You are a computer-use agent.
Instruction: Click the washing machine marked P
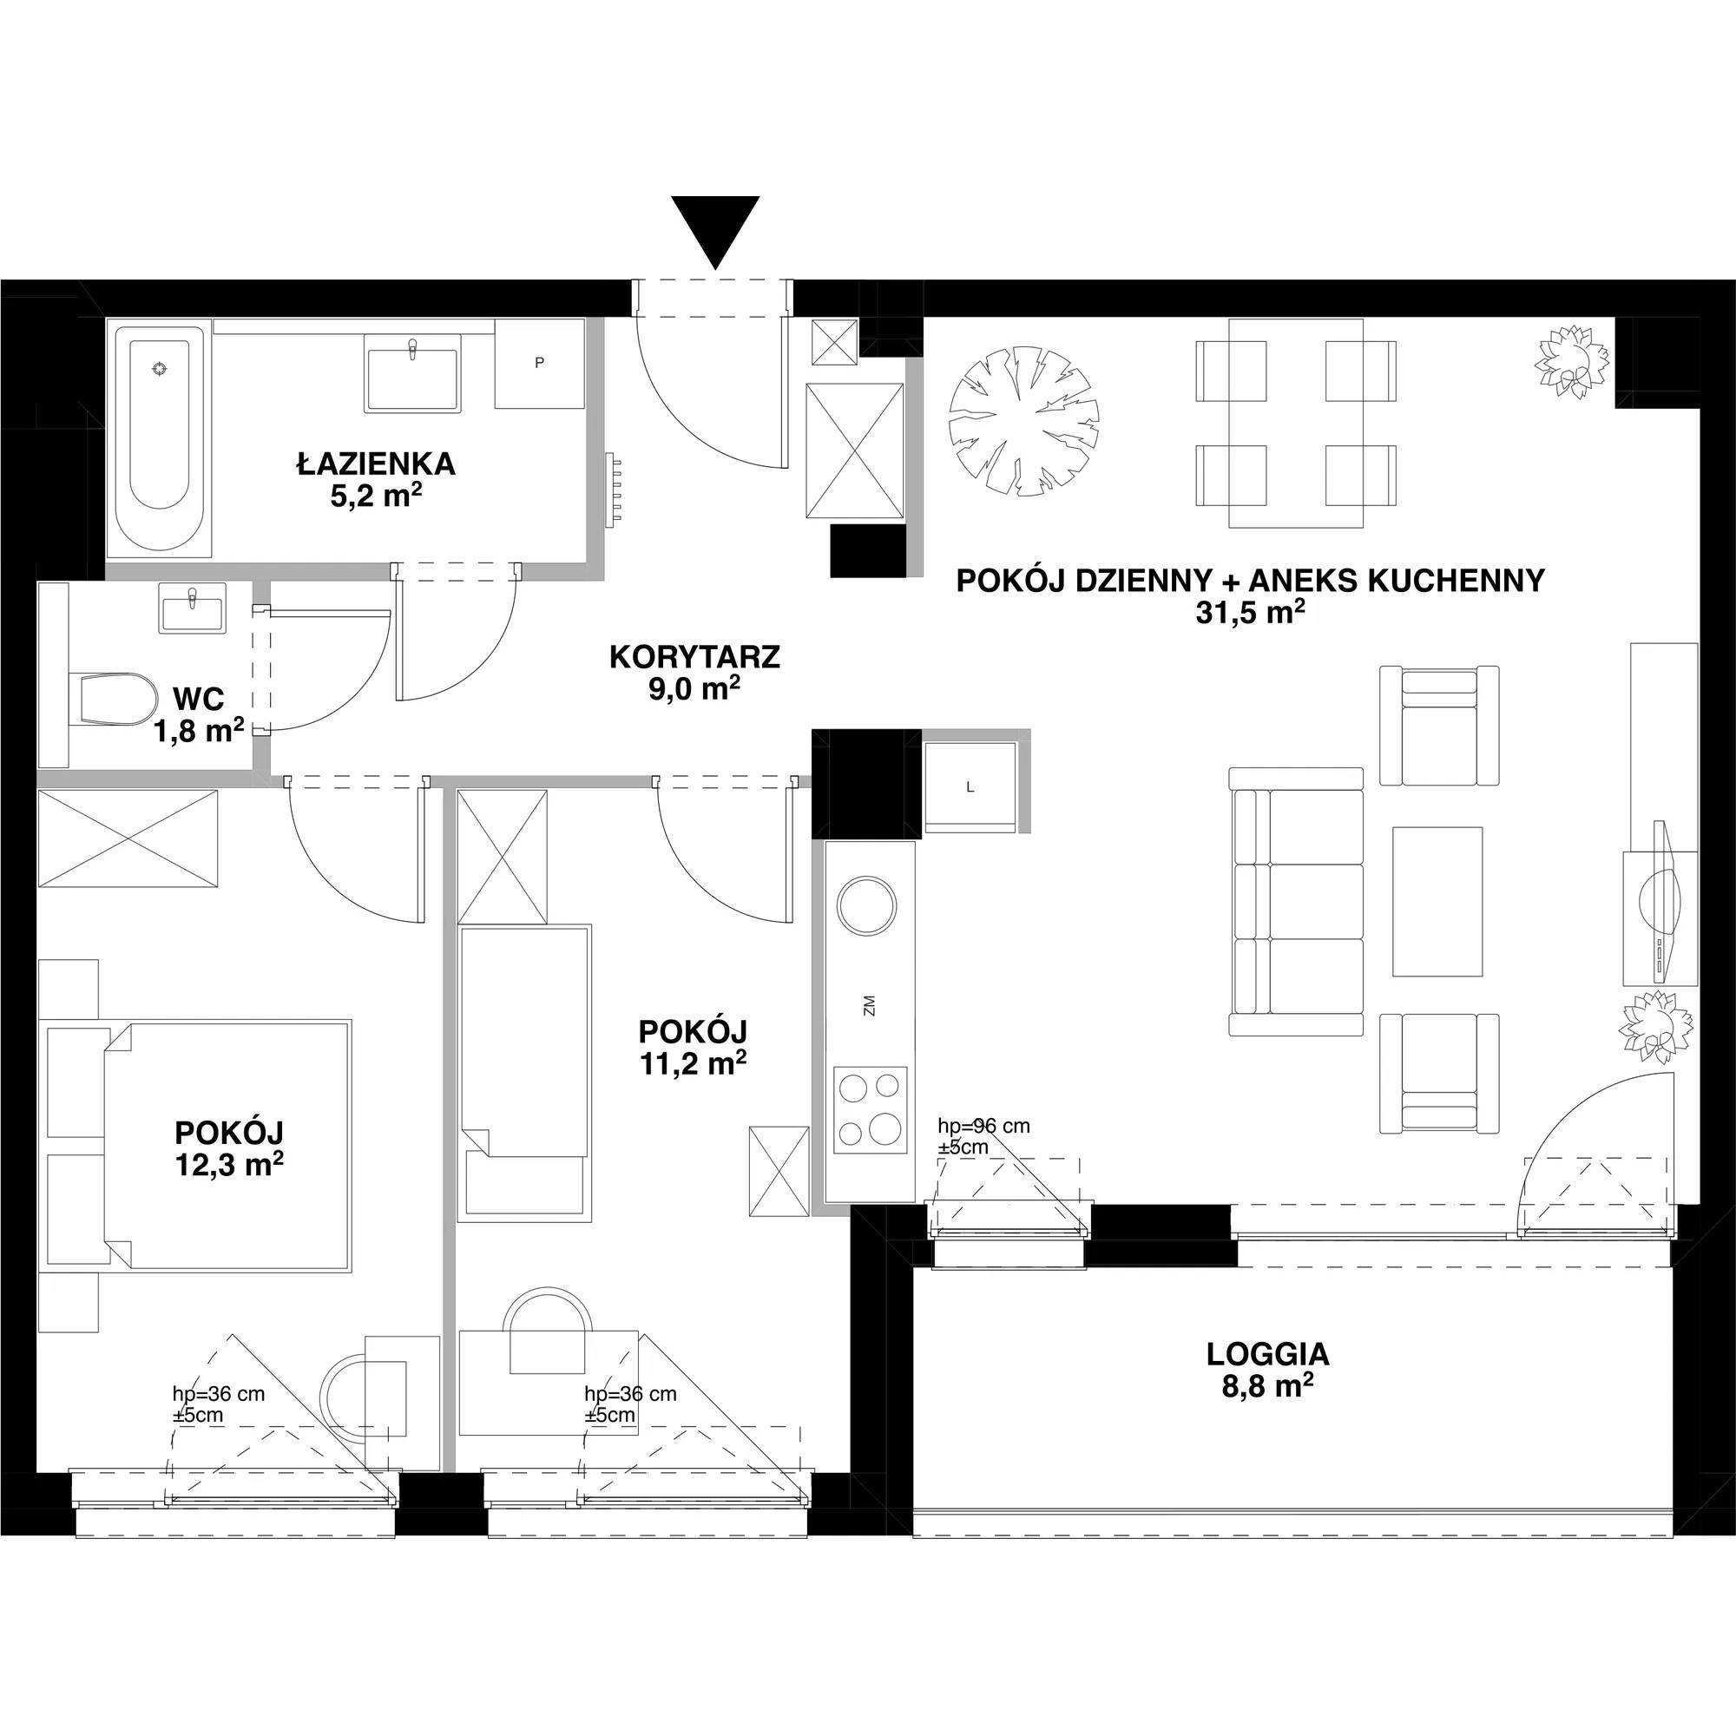click(539, 364)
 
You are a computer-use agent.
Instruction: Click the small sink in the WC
click(193, 608)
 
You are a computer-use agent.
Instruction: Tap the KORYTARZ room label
click(694, 657)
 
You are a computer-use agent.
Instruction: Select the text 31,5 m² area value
click(1250, 612)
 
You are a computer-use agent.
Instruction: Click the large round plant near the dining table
click(1024, 419)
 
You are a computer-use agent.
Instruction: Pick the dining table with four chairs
click(1296, 424)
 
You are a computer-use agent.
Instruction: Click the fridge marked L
click(970, 787)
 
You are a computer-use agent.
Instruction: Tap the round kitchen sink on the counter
click(866, 904)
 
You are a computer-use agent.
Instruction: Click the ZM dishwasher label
click(868, 1006)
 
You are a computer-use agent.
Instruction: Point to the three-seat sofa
click(1296, 901)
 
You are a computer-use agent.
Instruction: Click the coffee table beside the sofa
click(1437, 901)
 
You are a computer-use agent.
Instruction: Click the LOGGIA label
click(1267, 1353)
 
